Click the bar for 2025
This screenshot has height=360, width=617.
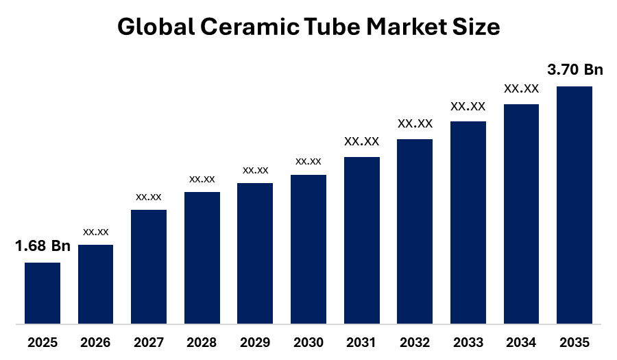(43, 293)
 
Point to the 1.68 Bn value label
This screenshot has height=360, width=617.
(43, 246)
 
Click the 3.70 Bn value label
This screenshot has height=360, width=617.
(574, 70)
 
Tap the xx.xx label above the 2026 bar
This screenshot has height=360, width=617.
(96, 232)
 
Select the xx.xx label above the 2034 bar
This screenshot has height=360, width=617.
(521, 88)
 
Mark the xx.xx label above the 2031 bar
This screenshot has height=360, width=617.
(361, 141)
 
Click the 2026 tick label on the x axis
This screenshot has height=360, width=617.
(96, 342)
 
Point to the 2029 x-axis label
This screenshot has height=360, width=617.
(255, 342)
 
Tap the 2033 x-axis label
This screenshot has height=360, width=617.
(468, 342)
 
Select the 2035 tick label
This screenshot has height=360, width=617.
(574, 342)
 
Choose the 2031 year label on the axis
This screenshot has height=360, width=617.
(361, 342)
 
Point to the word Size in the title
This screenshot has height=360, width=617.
(477, 27)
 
